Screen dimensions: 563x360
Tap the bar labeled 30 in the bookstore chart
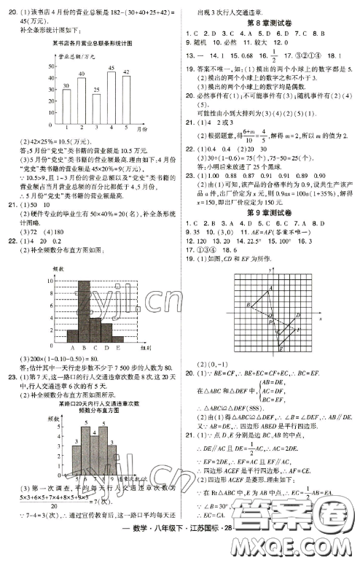[x=66, y=103]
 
